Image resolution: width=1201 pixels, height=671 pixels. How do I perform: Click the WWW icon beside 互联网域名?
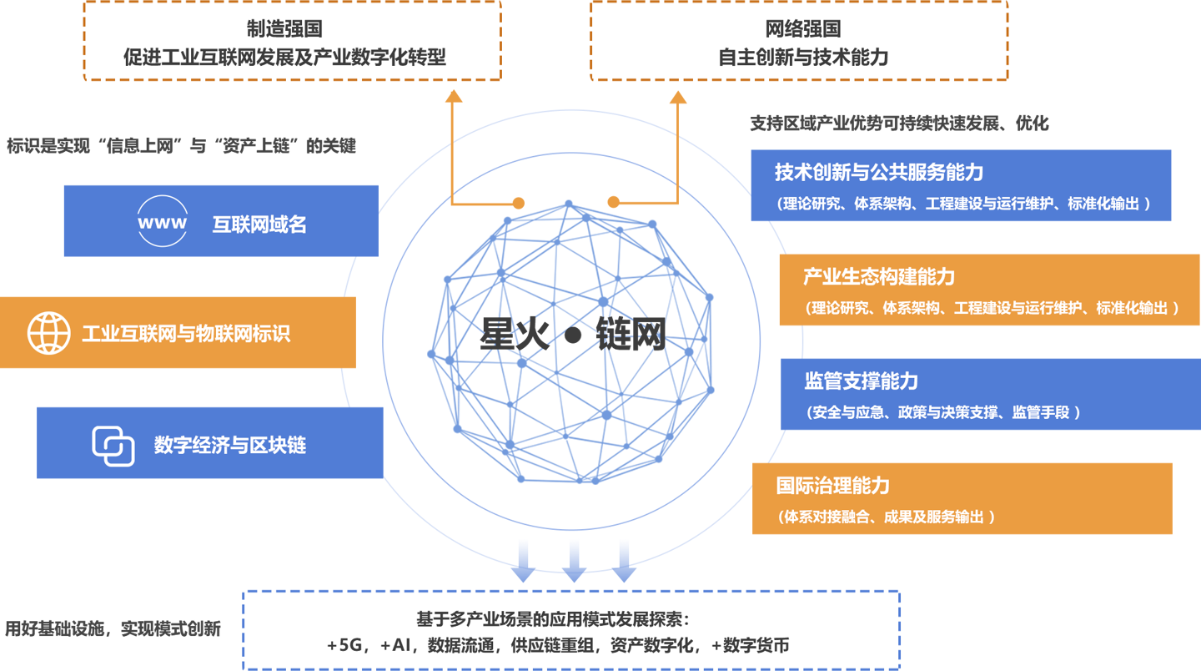pos(163,222)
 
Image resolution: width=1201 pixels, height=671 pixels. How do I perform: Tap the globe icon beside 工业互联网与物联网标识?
pos(49,333)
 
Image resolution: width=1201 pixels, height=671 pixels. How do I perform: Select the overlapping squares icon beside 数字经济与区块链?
pos(113,445)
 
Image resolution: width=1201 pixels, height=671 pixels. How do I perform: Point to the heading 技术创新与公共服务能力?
pos(878,173)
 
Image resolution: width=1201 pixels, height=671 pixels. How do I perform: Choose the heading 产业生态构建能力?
pos(878,277)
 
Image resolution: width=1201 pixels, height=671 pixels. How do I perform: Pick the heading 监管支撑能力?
pos(862,381)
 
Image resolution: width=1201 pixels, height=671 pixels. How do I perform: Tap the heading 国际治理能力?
pos(832,486)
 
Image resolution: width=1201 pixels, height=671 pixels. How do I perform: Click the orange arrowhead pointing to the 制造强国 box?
pos(454,96)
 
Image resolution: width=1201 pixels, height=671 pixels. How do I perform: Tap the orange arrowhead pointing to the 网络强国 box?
pos(678,98)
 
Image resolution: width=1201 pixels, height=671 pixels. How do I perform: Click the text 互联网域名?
pos(259,225)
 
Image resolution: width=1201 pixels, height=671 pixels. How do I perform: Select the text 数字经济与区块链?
pos(230,445)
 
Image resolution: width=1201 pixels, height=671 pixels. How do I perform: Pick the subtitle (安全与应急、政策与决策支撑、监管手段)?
pos(943,412)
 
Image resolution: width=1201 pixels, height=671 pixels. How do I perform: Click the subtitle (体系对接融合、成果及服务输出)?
pos(886,517)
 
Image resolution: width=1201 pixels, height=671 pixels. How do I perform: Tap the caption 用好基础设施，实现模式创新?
pos(113,628)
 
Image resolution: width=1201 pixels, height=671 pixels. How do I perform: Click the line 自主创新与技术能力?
pos(803,58)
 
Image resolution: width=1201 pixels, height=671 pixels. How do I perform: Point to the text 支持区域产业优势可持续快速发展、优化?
pos(899,124)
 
